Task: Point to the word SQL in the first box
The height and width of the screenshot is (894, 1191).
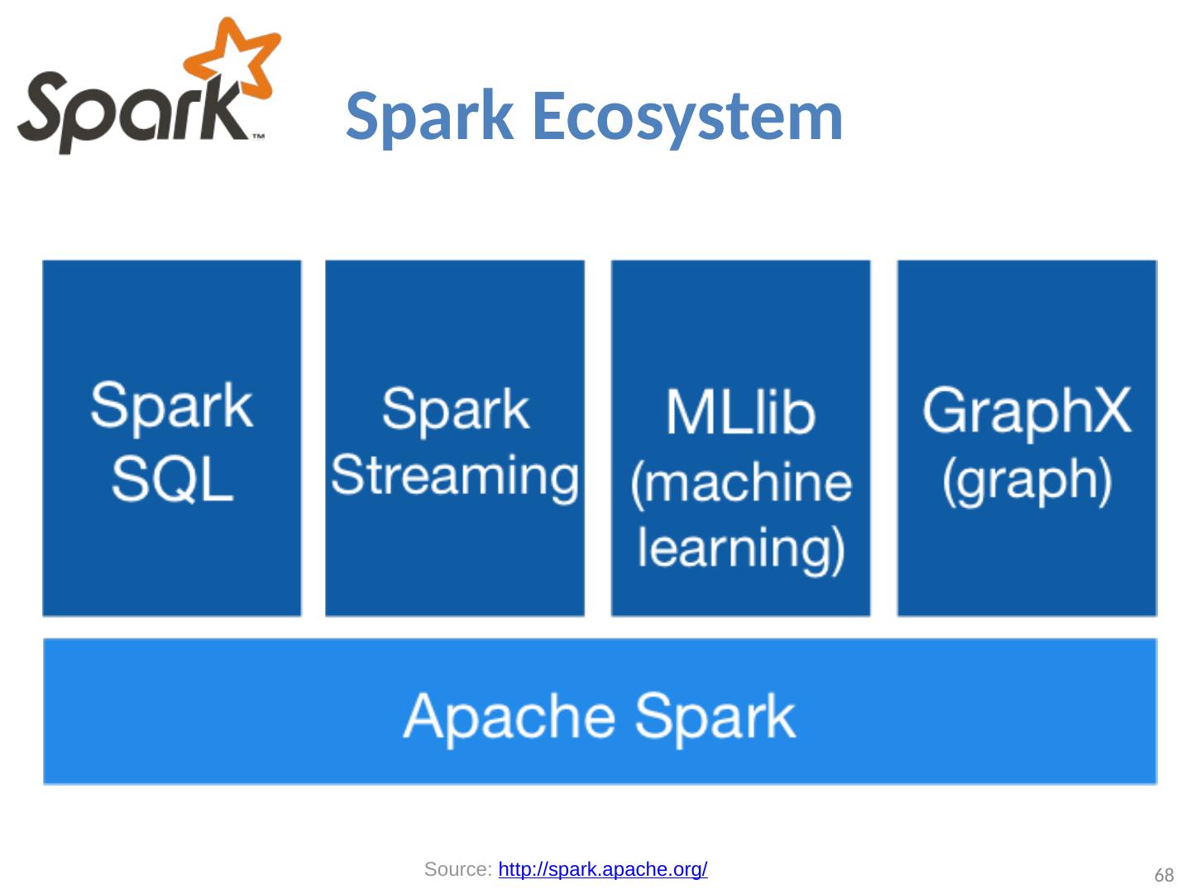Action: [x=172, y=480]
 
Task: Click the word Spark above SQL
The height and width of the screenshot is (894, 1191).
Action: [x=172, y=406]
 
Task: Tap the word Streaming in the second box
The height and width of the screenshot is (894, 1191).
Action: [x=455, y=476]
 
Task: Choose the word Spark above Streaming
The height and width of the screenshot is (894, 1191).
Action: [x=455, y=409]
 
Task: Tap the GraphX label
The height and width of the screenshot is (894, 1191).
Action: [x=1026, y=411]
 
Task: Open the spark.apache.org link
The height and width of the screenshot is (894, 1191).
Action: [x=603, y=870]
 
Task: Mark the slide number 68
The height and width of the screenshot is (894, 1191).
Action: [x=1164, y=876]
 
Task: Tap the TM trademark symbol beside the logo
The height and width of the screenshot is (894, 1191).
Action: [x=258, y=135]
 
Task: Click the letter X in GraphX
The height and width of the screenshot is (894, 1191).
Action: [x=1107, y=411]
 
